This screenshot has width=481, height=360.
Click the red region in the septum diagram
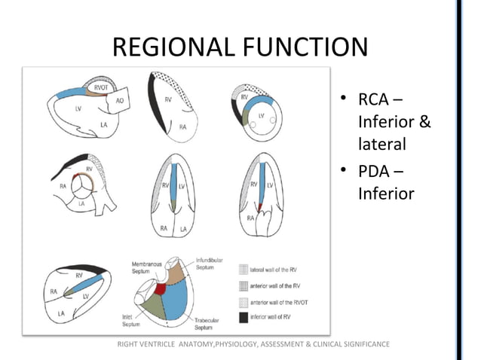161,289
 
